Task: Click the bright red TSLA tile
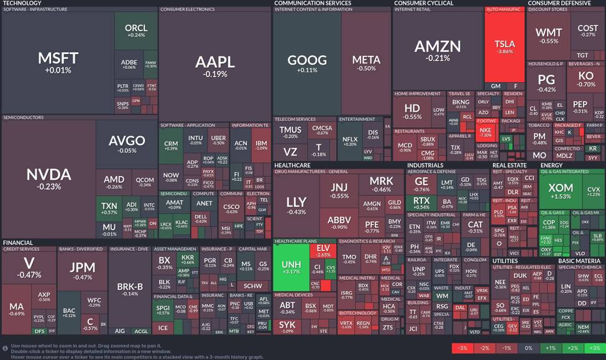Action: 504,47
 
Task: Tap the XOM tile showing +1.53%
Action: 561,192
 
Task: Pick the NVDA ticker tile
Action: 48,177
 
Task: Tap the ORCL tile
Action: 136,30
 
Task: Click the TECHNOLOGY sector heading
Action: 22,3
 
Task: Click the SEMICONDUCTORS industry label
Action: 24,117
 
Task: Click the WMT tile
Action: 549,35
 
